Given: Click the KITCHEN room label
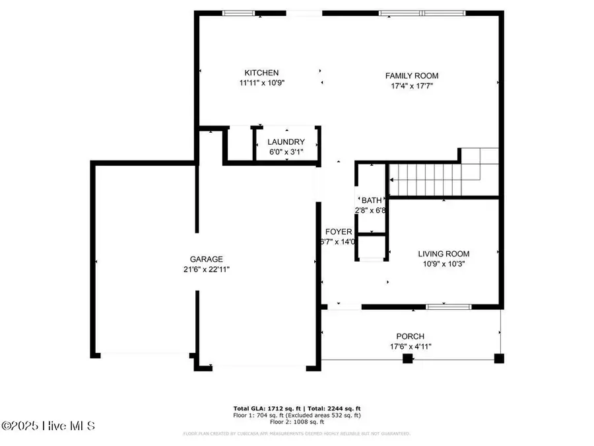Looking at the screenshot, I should coord(261,73).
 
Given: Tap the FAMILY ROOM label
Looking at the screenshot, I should coord(412,76).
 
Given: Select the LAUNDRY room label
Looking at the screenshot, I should coord(286,142).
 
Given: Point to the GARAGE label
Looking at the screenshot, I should coord(207,260).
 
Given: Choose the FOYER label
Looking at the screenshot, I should coord(339,232).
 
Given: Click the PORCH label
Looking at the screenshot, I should coord(411,336).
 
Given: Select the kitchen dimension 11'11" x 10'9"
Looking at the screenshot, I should coord(261,83).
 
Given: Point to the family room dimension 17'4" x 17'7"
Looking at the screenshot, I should coord(412,86).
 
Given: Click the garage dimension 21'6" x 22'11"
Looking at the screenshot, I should coord(207,270).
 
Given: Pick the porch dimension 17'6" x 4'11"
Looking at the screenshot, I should coord(411,346).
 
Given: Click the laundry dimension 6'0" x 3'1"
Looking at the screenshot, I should coord(286,152).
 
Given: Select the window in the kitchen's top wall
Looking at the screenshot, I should coord(239,13).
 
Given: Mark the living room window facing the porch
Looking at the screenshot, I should coord(448,307).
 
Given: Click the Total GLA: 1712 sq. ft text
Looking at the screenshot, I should coord(269,408).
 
